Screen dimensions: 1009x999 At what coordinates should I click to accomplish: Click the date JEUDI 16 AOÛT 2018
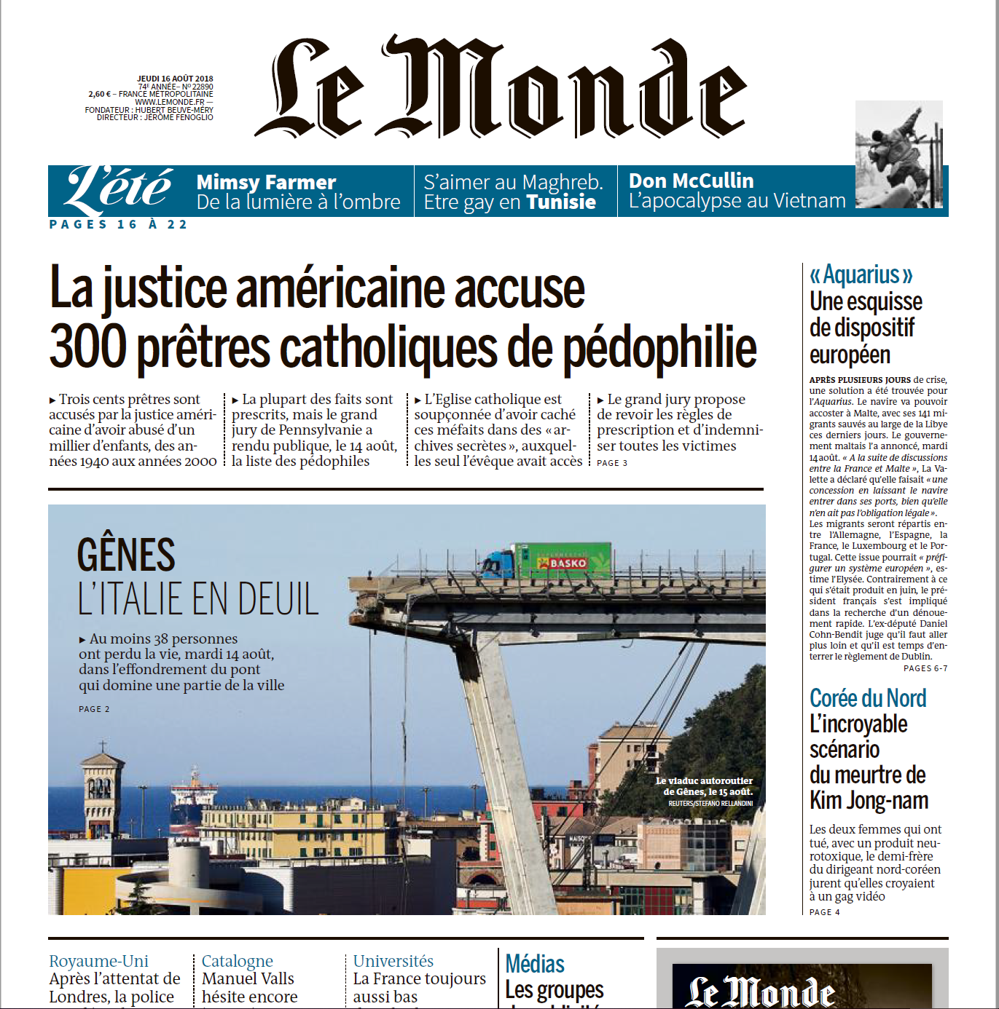(175, 79)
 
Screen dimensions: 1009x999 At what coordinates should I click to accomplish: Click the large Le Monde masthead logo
(501, 87)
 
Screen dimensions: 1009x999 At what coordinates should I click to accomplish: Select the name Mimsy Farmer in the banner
(266, 182)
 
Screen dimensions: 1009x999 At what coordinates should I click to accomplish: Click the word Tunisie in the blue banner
(561, 202)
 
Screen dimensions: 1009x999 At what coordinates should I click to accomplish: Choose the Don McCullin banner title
(691, 181)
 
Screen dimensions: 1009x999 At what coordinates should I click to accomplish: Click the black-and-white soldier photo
(898, 154)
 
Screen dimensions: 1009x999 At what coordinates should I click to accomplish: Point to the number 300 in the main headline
(87, 347)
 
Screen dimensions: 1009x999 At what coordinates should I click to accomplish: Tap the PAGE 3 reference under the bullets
(612, 463)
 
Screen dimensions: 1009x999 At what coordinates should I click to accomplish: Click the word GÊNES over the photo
(126, 555)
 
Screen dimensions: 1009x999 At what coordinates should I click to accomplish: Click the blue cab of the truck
(498, 565)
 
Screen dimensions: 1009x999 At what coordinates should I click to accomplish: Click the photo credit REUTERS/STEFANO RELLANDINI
(710, 804)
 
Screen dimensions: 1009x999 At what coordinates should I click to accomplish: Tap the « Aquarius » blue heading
(861, 275)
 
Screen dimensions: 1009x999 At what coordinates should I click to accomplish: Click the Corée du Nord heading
(868, 698)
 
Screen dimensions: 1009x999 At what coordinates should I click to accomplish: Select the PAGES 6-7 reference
(925, 668)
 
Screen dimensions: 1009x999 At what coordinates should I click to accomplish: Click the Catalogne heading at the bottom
(238, 961)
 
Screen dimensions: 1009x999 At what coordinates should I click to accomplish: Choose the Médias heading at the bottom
(535, 964)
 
